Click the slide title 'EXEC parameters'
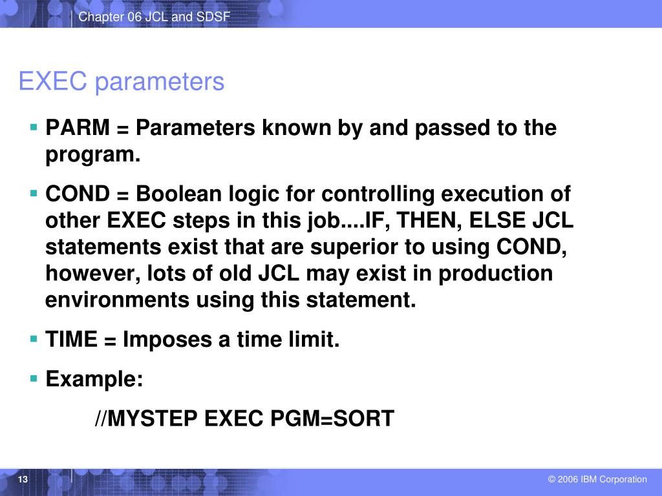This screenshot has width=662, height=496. [x=122, y=82]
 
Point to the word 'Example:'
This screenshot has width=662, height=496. [x=94, y=379]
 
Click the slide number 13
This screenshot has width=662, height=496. [x=23, y=479]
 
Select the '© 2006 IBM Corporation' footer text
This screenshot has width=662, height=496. [x=597, y=479]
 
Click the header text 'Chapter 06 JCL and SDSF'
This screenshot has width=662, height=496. [x=154, y=17]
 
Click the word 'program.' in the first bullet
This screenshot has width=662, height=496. [x=93, y=155]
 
